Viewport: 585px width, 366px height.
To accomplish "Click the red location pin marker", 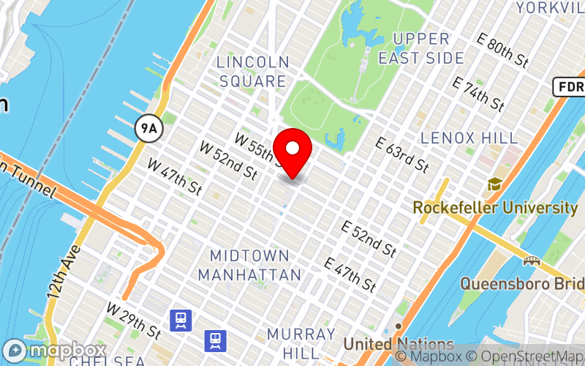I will [x=292, y=150].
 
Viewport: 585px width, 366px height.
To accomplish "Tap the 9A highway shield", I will [x=148, y=130].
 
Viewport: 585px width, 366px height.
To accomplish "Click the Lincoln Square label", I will [x=253, y=72].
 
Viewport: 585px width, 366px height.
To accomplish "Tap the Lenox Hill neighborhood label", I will [x=469, y=138].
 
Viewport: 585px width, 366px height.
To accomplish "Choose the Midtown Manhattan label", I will [x=250, y=265].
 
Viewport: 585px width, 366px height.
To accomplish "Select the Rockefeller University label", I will [x=495, y=208].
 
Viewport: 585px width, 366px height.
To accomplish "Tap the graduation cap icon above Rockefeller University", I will [x=495, y=184].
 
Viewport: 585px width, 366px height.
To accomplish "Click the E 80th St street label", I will [x=502, y=51].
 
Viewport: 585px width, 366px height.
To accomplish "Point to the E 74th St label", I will [x=479, y=94].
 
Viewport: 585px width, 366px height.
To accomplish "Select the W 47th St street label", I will [x=175, y=176].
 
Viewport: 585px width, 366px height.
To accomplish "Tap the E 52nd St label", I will [x=369, y=239].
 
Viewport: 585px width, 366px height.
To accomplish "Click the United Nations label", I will [x=399, y=343].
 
